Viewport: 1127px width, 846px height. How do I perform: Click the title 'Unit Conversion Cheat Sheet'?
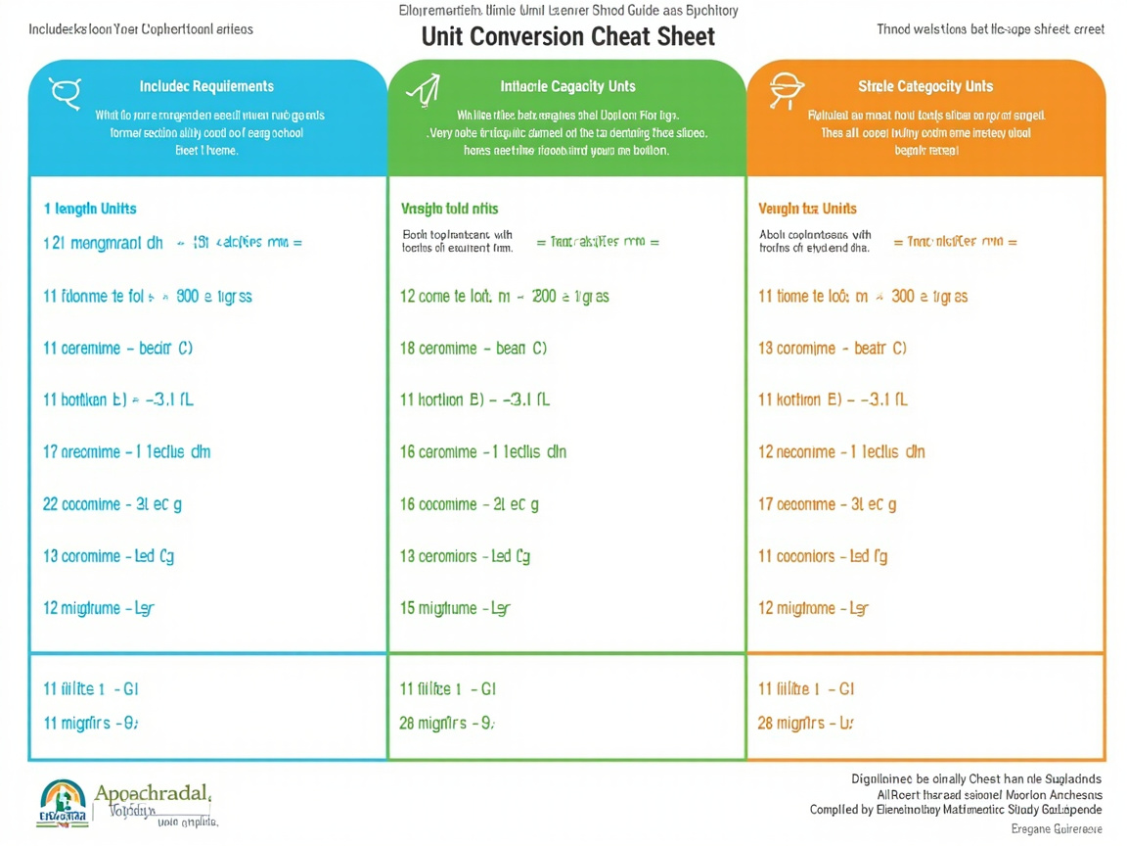[567, 36]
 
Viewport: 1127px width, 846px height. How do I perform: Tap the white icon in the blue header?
[65, 93]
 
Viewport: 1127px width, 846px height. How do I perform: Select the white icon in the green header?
[423, 91]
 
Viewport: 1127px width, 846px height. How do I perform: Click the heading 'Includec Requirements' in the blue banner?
[206, 86]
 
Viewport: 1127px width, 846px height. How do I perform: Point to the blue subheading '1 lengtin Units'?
[90, 209]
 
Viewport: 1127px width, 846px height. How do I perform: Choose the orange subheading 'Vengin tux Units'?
[807, 209]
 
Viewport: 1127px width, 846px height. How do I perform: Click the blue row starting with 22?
[113, 504]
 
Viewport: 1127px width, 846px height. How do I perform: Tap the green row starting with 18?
[473, 348]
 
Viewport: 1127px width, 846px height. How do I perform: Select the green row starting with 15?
[455, 608]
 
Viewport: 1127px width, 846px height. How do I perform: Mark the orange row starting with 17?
[828, 504]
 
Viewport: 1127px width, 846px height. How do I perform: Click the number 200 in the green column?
[543, 296]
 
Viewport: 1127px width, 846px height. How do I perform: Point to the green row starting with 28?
[447, 724]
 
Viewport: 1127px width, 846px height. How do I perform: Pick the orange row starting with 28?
[806, 724]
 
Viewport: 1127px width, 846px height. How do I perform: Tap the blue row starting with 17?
[127, 452]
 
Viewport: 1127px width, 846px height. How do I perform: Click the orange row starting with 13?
[833, 348]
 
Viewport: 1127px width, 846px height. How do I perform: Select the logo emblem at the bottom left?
[62, 803]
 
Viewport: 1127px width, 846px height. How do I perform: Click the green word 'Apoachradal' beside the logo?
[153, 792]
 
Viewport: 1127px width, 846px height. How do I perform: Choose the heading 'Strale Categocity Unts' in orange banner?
[925, 86]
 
